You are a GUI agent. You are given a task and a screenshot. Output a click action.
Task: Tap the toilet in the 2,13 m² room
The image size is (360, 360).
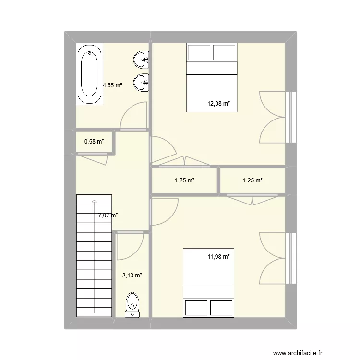(132, 305)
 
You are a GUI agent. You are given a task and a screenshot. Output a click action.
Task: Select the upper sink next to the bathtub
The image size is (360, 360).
(142, 60)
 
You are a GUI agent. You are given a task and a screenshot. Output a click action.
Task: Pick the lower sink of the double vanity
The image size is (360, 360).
(142, 82)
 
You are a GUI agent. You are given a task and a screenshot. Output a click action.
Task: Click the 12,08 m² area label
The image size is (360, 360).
(219, 103)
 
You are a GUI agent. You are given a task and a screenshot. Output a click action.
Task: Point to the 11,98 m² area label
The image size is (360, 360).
(219, 257)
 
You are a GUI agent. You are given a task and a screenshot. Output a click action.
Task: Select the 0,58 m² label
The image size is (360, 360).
(94, 142)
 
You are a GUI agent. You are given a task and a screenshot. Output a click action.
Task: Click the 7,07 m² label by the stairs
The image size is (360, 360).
(108, 216)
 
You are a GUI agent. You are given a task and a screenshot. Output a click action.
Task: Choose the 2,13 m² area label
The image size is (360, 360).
(132, 276)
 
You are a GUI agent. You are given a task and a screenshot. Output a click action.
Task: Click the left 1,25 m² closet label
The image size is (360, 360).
(184, 180)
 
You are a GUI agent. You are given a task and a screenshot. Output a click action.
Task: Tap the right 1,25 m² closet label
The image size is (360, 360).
(252, 180)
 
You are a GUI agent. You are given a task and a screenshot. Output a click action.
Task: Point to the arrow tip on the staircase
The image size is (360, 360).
(95, 200)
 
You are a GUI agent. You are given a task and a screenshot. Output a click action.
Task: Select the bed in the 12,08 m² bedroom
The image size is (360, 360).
(212, 78)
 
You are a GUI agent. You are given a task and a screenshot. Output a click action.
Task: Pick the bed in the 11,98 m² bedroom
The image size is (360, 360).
(209, 282)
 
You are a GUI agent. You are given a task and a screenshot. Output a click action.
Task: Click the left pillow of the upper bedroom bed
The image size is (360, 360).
(199, 52)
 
